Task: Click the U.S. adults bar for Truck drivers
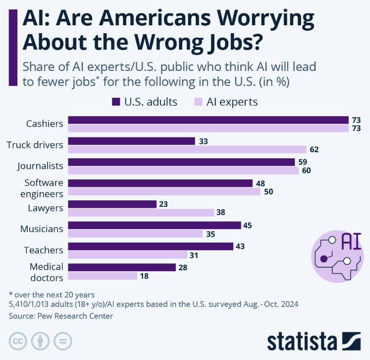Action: (x=131, y=141)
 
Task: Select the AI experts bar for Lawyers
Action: (x=141, y=213)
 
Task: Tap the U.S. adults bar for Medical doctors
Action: (x=122, y=267)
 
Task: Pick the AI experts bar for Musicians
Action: (x=135, y=234)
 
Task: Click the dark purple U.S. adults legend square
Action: (x=116, y=102)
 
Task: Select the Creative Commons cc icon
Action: (x=18, y=341)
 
